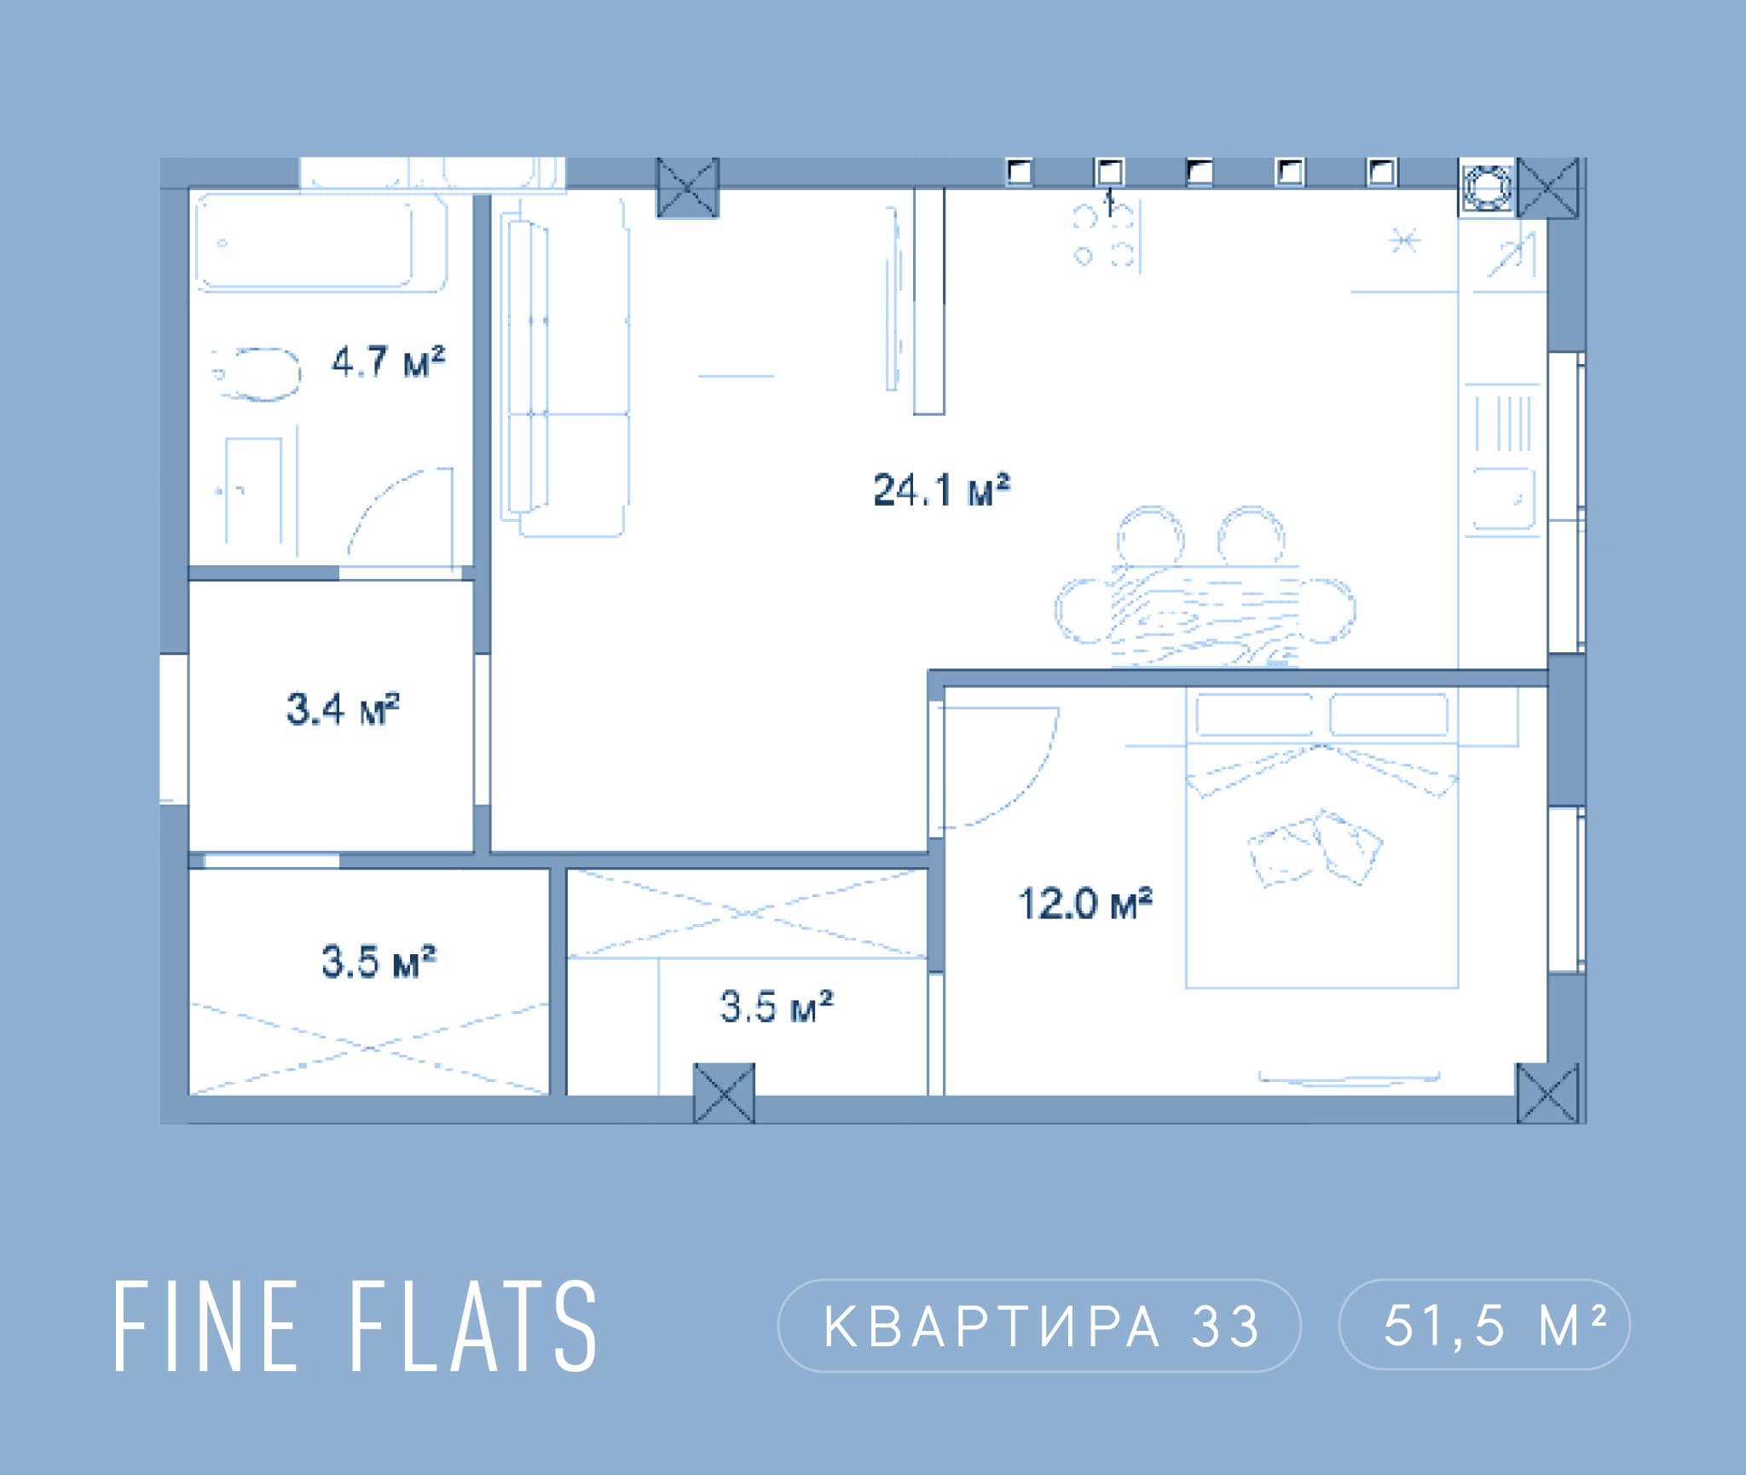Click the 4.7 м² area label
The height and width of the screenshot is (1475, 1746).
388,362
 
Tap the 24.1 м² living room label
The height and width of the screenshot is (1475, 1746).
941,489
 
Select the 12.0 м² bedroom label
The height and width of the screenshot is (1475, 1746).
1085,904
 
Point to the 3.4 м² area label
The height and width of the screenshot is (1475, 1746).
343,709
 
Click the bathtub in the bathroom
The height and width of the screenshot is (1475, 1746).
321,242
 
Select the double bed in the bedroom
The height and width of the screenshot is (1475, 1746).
1321,840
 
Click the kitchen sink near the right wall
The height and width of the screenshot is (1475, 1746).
1504,499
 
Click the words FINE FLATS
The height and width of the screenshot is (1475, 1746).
356,1327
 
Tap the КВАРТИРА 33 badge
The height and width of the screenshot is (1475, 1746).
1039,1326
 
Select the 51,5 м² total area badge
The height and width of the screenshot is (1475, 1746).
1484,1325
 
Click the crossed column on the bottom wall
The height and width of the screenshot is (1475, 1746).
724,1093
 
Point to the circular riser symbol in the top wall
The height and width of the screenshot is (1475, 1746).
1487,188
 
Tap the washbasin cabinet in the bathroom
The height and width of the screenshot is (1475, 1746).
253,491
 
